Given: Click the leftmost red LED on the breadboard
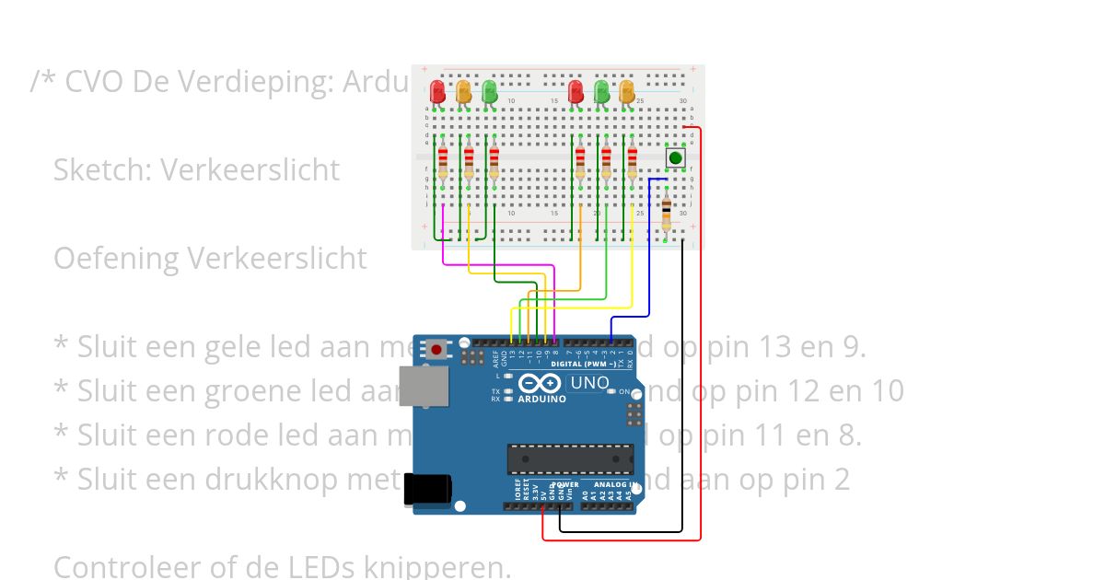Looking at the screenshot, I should click(437, 91).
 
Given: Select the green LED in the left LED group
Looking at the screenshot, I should click(490, 91).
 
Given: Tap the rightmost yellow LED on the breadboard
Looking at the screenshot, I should click(627, 91).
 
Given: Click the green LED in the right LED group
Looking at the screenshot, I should click(601, 91).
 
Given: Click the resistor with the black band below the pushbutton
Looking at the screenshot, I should click(667, 215).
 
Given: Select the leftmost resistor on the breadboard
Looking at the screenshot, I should click(443, 164).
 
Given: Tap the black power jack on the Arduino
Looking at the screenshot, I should click(427, 489).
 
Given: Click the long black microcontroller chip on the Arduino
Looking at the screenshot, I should click(571, 458).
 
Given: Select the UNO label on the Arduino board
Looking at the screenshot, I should click(589, 383).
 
